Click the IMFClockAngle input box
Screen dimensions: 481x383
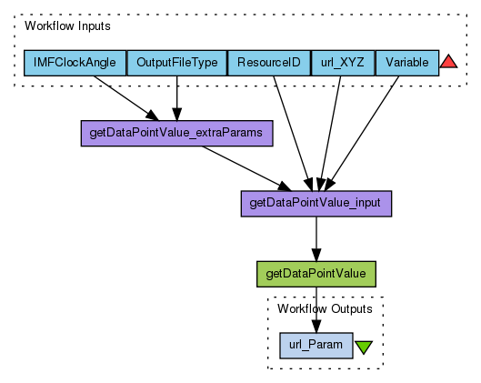[75, 63]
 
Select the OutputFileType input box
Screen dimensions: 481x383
[177, 63]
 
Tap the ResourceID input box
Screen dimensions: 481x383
[269, 63]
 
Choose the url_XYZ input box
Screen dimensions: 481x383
[343, 63]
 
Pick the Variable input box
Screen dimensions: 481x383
[407, 63]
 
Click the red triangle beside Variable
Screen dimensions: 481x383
[448, 62]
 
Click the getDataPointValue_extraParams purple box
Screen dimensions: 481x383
[177, 133]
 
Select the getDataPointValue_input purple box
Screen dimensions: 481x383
[316, 204]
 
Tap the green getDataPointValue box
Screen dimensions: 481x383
[316, 274]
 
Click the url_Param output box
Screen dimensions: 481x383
[316, 346]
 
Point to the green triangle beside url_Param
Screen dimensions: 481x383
[364, 347]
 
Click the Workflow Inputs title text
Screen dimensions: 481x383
[67, 26]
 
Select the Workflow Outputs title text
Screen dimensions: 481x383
[325, 309]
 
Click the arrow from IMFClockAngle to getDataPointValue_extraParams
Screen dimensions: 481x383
[126, 98]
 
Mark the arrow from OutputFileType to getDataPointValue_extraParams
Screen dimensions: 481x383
[177, 98]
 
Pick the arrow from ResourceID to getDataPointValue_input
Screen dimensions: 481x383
[293, 134]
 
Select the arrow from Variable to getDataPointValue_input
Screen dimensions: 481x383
[362, 134]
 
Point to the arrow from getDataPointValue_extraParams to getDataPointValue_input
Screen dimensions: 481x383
[246, 168]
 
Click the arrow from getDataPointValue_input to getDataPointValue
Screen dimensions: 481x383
[316, 239]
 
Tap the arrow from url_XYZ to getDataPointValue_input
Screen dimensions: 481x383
[330, 134]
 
